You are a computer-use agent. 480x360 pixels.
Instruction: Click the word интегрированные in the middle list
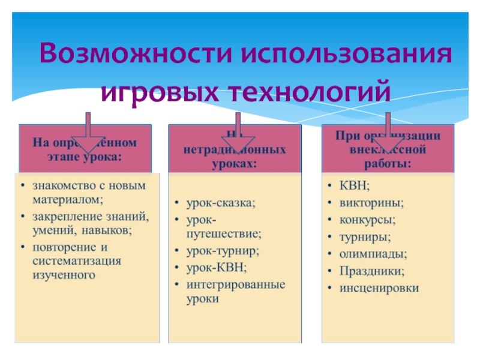click(x=235, y=284)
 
